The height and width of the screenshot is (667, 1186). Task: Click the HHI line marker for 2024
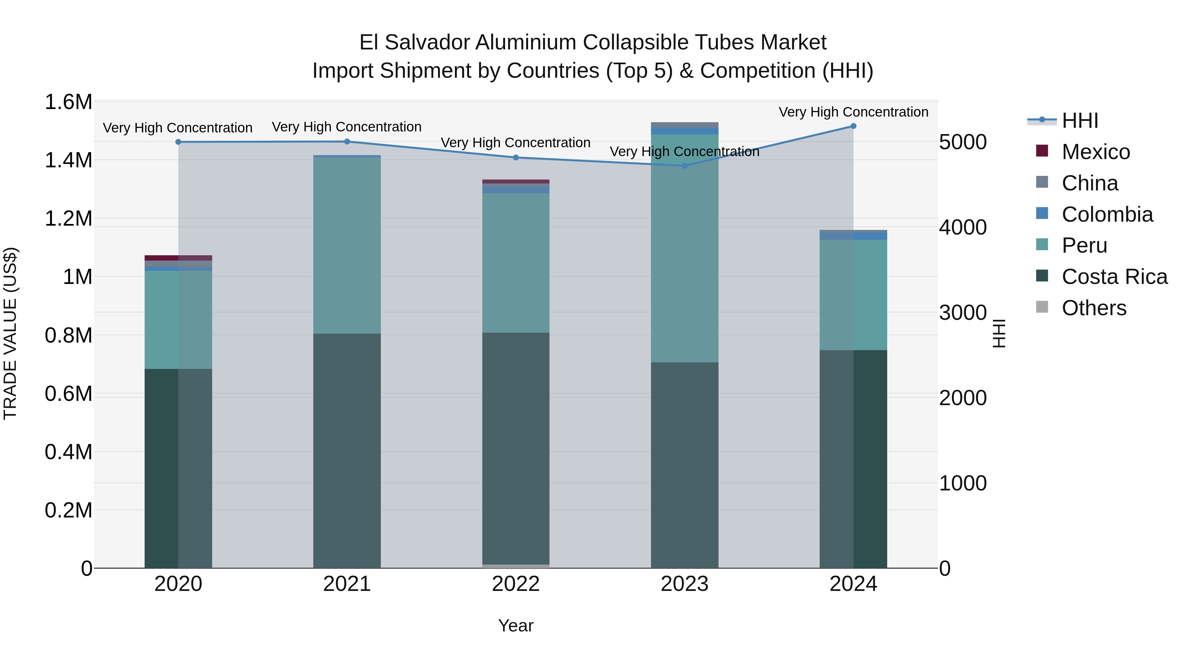click(x=853, y=126)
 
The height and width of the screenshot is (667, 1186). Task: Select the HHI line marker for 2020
click(x=178, y=142)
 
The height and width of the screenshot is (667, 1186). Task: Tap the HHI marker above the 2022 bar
click(x=516, y=157)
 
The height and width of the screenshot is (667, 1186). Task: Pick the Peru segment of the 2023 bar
click(x=684, y=249)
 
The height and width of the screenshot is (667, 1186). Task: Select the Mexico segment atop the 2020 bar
click(x=178, y=258)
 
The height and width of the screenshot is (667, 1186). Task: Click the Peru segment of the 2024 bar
click(x=853, y=294)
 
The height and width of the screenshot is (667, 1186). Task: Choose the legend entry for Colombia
click(x=1107, y=214)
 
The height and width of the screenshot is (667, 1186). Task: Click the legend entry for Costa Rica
click(x=1114, y=277)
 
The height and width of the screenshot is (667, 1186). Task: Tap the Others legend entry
click(x=1094, y=308)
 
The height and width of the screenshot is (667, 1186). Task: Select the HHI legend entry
click(x=1080, y=121)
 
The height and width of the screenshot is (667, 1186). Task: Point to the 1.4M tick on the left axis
click(x=69, y=161)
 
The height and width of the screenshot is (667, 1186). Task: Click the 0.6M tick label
click(x=69, y=394)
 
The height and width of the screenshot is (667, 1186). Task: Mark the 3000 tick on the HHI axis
click(x=963, y=313)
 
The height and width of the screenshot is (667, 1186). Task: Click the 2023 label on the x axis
click(x=684, y=584)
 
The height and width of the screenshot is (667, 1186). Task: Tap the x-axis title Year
click(x=516, y=625)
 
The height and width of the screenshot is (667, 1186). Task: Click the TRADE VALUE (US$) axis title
click(x=10, y=333)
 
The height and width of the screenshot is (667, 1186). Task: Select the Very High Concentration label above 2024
click(x=853, y=112)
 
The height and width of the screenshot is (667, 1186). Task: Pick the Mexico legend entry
click(x=1095, y=152)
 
